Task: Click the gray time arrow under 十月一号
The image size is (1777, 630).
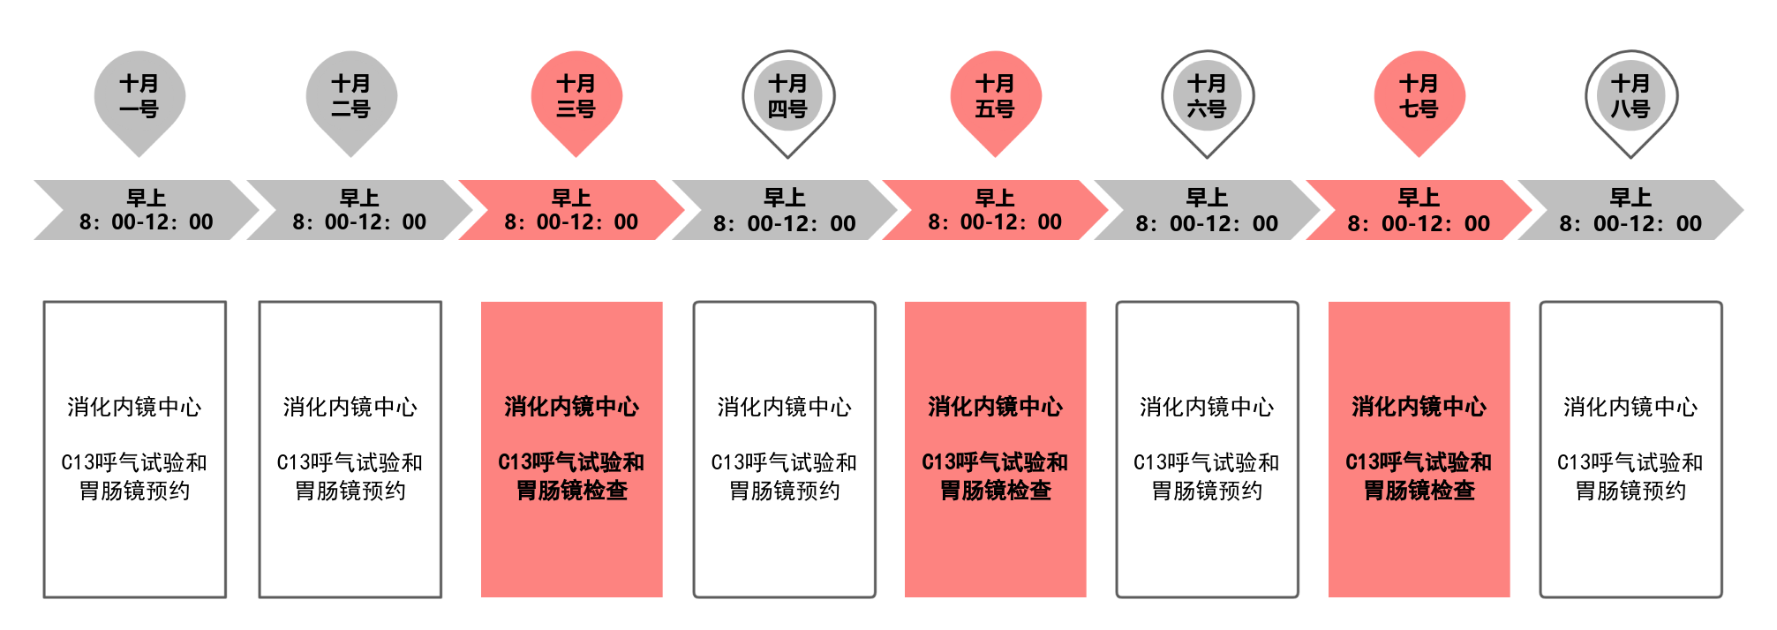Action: (147, 210)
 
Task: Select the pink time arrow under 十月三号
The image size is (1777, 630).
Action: (571, 210)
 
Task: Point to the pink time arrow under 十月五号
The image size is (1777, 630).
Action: (995, 210)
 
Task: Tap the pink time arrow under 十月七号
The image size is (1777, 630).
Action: (1419, 210)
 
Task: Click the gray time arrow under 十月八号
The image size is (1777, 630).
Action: (1630, 210)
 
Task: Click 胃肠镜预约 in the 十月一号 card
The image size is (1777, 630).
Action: (135, 491)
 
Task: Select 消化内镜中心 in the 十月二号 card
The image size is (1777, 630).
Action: (350, 407)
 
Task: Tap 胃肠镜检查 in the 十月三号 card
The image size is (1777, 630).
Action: (572, 491)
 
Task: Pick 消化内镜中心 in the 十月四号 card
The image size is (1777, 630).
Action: (785, 407)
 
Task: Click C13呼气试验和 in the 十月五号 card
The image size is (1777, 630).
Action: (995, 462)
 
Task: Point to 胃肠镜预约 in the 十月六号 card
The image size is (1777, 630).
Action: (1207, 491)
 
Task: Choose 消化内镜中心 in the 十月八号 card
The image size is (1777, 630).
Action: (1630, 407)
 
